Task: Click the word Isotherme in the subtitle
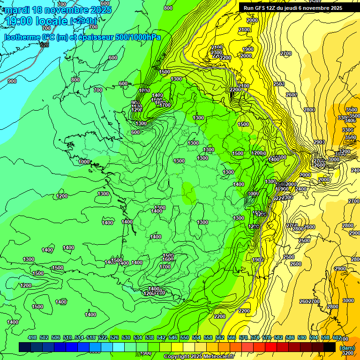pyautogui.click(x=22, y=37)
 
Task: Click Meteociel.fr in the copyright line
pyautogui.click(x=217, y=357)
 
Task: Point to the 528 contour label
pyautogui.click(x=45, y=45)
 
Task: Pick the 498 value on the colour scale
pyautogui.click(x=32, y=337)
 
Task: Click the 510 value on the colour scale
pyautogui.click(x=67, y=337)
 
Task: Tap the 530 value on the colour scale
pyautogui.click(x=126, y=337)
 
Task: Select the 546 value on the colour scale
pyautogui.click(x=173, y=337)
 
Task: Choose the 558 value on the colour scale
pyautogui.click(x=208, y=337)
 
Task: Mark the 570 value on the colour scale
pyautogui.click(x=243, y=337)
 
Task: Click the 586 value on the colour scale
pyautogui.click(x=290, y=337)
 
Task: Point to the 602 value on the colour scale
pyautogui.click(x=337, y=337)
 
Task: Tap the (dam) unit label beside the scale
pyautogui.click(x=347, y=347)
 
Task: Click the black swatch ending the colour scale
pyautogui.click(x=330, y=347)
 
